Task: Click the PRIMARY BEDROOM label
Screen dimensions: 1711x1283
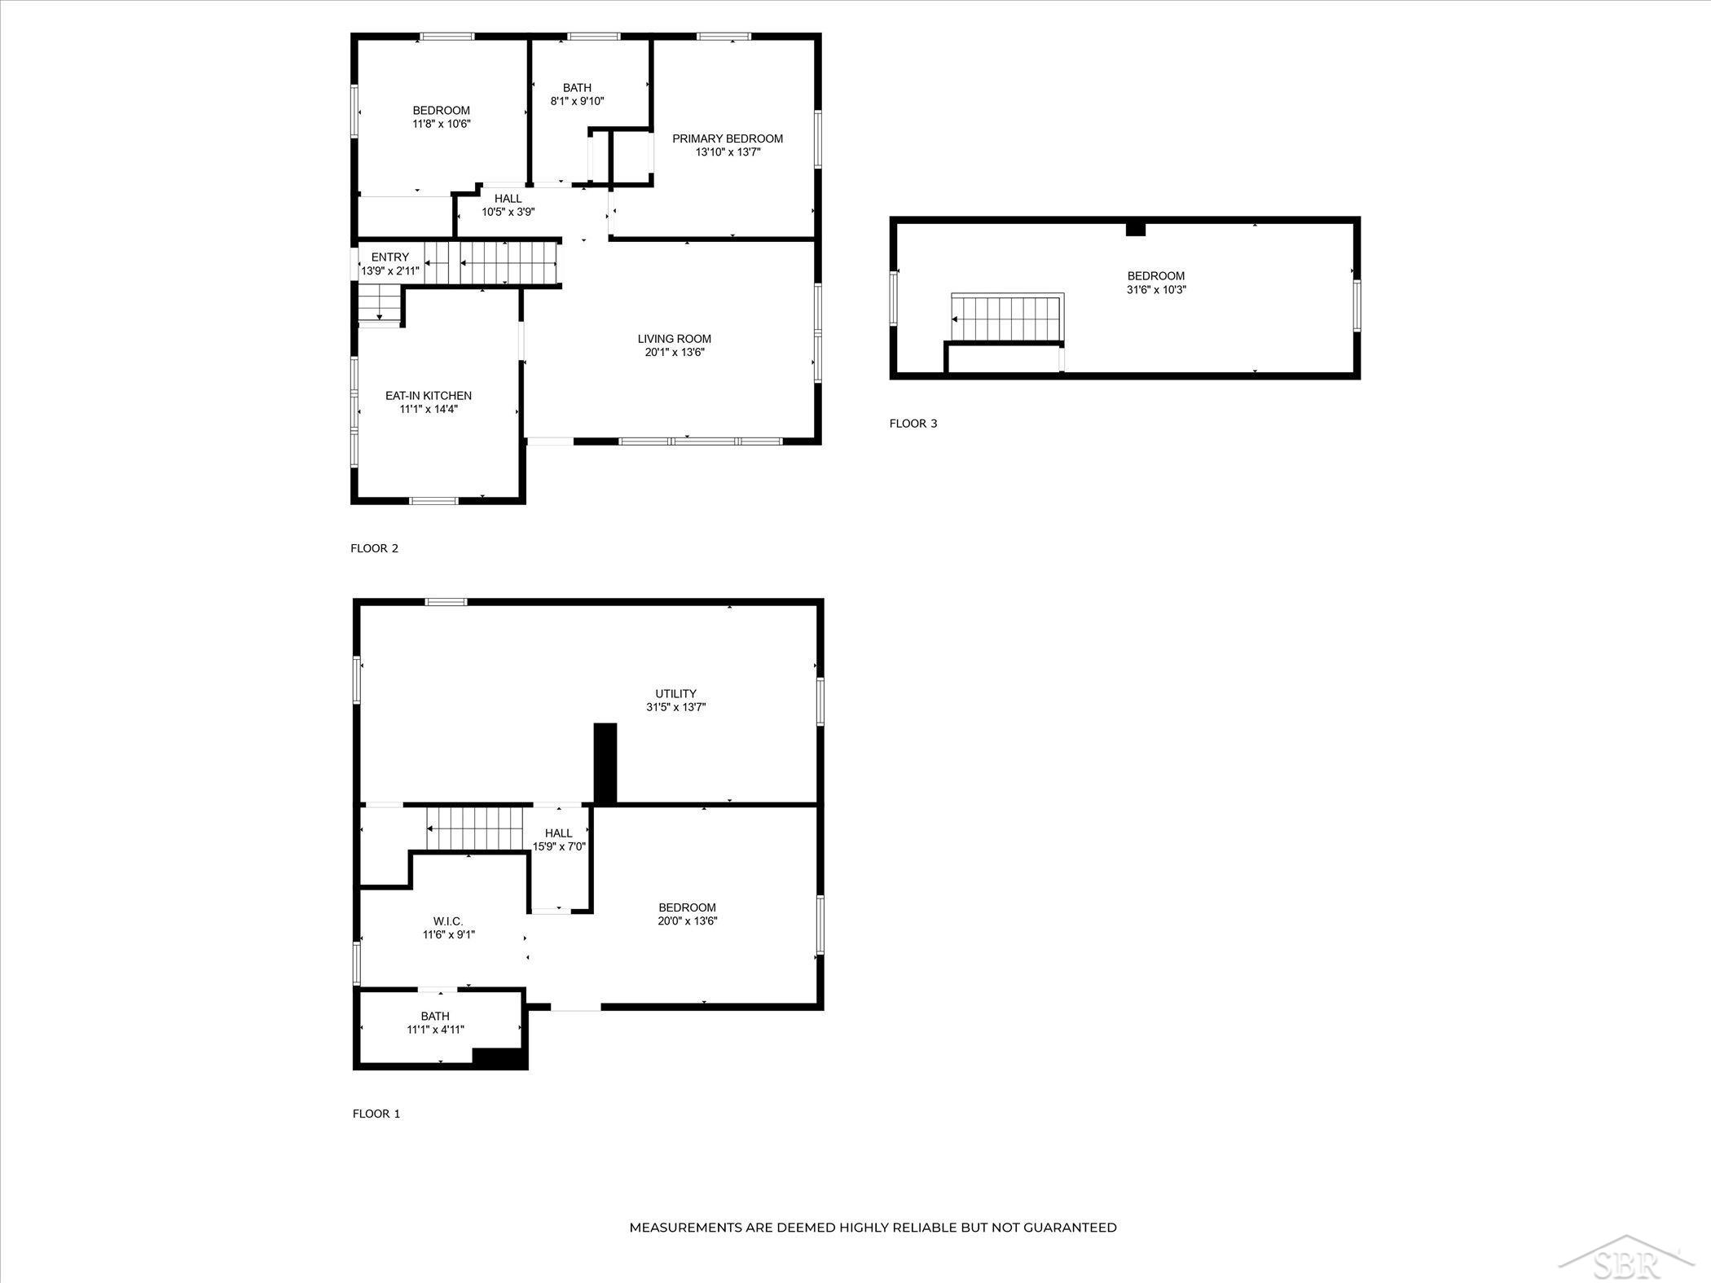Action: [x=728, y=138]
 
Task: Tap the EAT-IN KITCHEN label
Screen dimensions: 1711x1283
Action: [x=429, y=396]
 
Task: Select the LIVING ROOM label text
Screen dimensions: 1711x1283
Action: [x=675, y=339]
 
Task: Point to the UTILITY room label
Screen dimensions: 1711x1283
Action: [x=676, y=694]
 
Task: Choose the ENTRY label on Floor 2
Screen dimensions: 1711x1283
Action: [x=390, y=257]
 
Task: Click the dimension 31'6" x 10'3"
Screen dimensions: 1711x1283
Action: [x=1156, y=289]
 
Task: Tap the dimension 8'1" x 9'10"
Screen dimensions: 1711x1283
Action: [x=578, y=101]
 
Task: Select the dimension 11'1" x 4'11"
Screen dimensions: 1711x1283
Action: [x=436, y=1030]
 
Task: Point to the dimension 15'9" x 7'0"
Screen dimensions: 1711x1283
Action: [x=560, y=846]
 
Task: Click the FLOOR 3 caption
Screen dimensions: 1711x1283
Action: [x=913, y=424]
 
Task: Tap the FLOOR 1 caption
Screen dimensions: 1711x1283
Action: [x=376, y=1114]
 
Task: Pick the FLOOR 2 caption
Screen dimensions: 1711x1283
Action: [x=375, y=548]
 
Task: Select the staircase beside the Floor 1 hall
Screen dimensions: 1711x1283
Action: [x=474, y=828]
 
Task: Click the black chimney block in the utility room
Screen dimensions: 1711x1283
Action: [x=605, y=764]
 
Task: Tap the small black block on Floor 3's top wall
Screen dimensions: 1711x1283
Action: [x=1136, y=229]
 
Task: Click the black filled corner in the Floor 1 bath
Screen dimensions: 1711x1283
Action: [x=499, y=1057]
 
